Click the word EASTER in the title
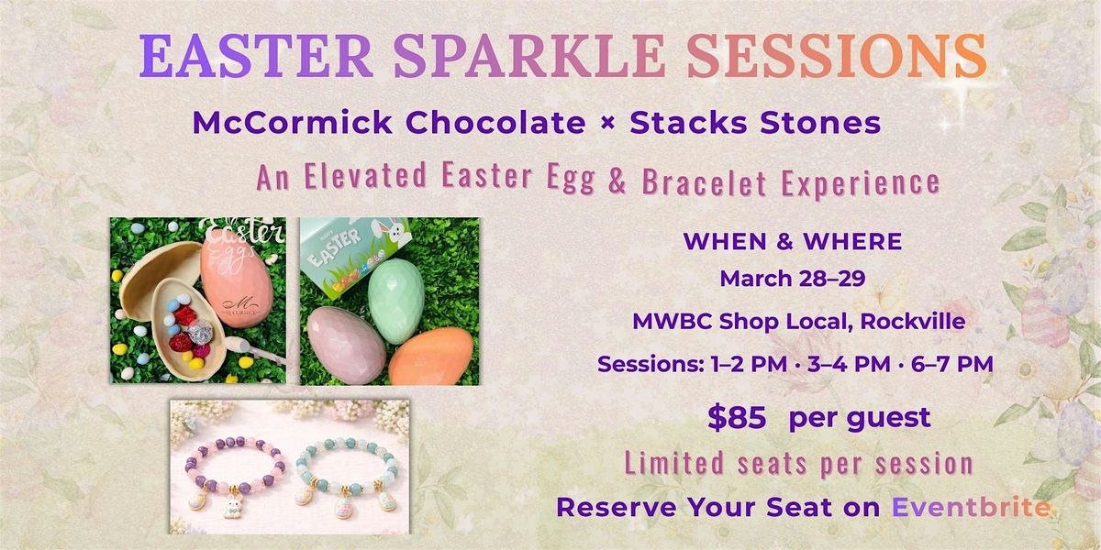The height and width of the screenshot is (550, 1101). (256, 56)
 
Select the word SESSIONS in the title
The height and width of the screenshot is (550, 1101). (837, 56)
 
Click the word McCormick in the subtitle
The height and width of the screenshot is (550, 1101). (293, 122)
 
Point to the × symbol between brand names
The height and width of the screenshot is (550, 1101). (607, 123)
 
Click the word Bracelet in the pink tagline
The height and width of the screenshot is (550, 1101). (705, 181)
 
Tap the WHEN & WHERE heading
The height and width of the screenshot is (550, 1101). (793, 241)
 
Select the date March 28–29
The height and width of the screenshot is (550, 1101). (793, 279)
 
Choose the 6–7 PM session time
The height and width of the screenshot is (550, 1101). (952, 364)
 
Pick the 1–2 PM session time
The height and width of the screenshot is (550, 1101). (749, 364)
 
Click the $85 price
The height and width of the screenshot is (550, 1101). (737, 418)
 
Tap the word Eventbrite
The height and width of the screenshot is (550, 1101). (972, 507)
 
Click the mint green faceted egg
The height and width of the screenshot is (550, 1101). (396, 301)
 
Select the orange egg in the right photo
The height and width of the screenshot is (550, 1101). (431, 357)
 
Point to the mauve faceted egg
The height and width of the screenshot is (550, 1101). (347, 345)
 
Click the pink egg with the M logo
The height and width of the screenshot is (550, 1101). (237, 278)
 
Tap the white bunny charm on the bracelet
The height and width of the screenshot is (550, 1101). (232, 506)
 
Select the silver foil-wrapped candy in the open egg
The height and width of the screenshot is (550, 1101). (200, 333)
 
